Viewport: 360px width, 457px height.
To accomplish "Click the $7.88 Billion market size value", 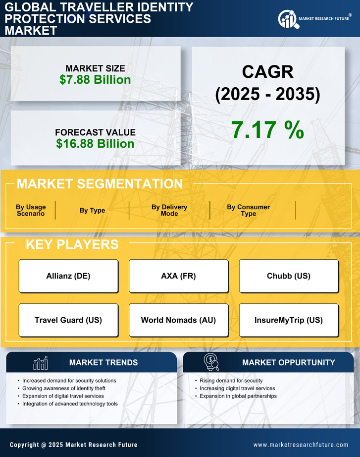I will [95, 80].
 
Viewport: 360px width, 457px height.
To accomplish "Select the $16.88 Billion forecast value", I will [95, 144].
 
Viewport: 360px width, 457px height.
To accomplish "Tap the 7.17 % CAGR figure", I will [267, 130].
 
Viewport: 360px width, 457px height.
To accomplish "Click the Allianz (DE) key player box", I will [68, 276].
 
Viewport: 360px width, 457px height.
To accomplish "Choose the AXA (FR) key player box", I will [178, 276].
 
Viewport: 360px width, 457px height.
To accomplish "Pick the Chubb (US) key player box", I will [289, 276].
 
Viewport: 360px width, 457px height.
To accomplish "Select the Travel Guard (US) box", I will [68, 320].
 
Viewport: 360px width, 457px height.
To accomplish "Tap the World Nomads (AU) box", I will [178, 320].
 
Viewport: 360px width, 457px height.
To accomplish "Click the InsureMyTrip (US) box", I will [289, 320].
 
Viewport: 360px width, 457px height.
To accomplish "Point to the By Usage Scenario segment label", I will [31, 210].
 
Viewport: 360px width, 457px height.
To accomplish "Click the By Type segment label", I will [92, 210].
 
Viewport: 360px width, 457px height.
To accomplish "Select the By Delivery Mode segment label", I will [169, 210].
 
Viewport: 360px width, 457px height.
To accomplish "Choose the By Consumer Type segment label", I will [249, 210].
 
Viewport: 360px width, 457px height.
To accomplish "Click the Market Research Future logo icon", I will [287, 19].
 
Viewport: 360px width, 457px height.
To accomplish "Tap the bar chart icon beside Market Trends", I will [40, 363].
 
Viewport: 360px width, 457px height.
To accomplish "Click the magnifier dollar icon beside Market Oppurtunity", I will [211, 362].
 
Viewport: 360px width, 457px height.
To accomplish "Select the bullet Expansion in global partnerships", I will [238, 396].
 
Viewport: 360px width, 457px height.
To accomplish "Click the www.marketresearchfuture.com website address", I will [301, 445].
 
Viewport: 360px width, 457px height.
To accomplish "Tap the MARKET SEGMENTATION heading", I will [100, 184].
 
